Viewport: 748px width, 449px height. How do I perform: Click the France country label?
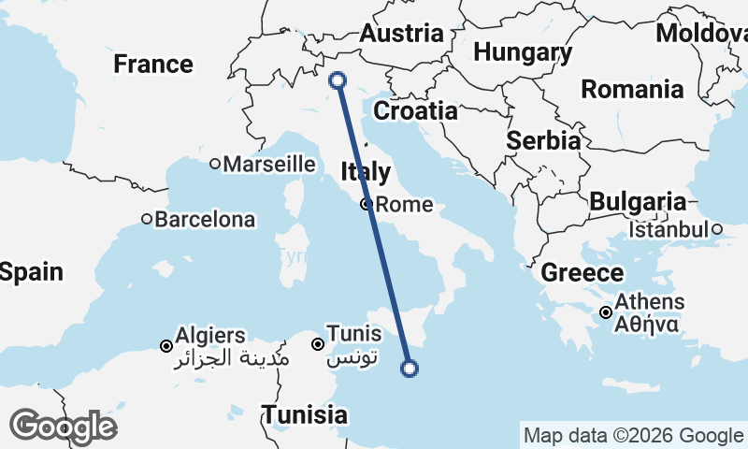pyautogui.click(x=153, y=65)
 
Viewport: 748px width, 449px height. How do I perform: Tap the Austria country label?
pyautogui.click(x=401, y=34)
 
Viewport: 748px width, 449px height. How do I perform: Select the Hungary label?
pyautogui.click(x=523, y=51)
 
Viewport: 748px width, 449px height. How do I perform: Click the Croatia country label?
pyautogui.click(x=415, y=111)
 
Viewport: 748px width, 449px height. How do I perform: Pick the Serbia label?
pyautogui.click(x=543, y=140)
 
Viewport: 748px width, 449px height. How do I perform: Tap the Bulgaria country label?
pyautogui.click(x=638, y=202)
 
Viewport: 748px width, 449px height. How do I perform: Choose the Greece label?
pyautogui.click(x=583, y=273)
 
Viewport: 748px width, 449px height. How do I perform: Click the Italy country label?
pyautogui.click(x=366, y=172)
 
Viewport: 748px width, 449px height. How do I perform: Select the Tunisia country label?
pyautogui.click(x=304, y=414)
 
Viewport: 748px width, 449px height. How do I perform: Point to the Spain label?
pyautogui.click(x=31, y=272)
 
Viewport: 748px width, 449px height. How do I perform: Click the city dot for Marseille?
pyautogui.click(x=215, y=164)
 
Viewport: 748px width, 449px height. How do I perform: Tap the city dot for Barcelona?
pyautogui.click(x=147, y=220)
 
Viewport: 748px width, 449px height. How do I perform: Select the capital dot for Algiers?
pyautogui.click(x=166, y=345)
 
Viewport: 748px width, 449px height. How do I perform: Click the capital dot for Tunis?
pyautogui.click(x=318, y=343)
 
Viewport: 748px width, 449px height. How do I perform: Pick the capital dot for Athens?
pyautogui.click(x=606, y=312)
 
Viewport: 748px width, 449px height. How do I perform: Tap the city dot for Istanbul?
pyautogui.click(x=716, y=229)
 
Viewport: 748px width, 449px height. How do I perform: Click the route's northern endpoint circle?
pyautogui.click(x=338, y=81)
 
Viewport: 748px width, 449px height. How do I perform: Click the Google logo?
pyautogui.click(x=63, y=427)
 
